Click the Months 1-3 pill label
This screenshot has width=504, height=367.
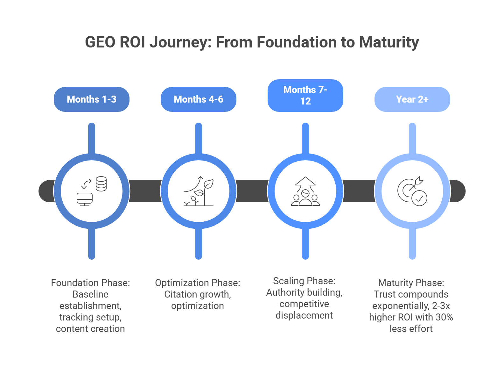click(92, 99)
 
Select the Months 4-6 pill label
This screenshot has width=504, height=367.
click(199, 99)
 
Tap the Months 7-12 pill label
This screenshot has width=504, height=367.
click(305, 95)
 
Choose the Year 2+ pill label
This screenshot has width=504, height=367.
click(412, 99)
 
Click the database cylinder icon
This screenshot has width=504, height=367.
click(101, 184)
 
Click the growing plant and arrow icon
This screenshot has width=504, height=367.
click(199, 191)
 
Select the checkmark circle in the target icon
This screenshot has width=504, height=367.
click(419, 198)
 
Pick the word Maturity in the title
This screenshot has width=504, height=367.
click(389, 42)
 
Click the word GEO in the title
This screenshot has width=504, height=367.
click(100, 42)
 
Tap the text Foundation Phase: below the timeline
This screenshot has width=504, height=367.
click(90, 283)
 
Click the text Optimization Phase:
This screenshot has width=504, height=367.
click(198, 283)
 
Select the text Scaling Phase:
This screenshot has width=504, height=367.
click(304, 281)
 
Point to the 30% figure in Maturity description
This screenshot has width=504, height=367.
click(444, 317)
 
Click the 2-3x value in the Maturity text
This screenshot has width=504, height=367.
click(441, 306)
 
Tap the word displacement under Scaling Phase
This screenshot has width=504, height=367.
click(304, 315)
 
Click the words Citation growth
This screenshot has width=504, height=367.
click(198, 294)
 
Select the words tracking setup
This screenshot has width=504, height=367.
click(90, 317)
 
